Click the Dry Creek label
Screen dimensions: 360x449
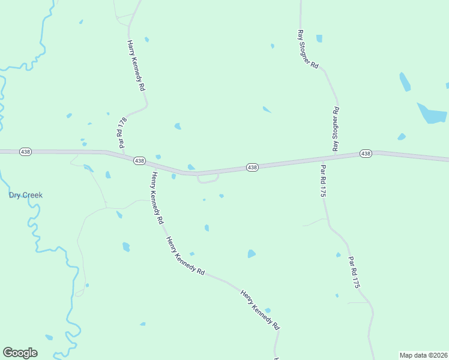(x=25, y=195)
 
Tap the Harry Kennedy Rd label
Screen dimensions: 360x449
(x=136, y=65)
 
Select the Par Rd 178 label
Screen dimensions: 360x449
(x=122, y=131)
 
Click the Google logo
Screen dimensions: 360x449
(x=20, y=353)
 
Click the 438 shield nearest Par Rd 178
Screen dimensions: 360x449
(x=139, y=161)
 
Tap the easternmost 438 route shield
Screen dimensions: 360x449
(x=366, y=154)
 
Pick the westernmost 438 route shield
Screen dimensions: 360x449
(x=25, y=152)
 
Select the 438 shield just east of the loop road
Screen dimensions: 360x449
(x=252, y=167)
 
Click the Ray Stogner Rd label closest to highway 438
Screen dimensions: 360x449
(x=336, y=129)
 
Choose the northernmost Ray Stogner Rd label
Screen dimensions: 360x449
(x=307, y=49)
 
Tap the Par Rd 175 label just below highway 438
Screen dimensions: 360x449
(x=323, y=181)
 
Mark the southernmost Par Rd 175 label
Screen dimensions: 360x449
(x=354, y=273)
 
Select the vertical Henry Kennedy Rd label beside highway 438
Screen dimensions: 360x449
(x=157, y=198)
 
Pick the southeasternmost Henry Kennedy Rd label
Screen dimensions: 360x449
(x=260, y=310)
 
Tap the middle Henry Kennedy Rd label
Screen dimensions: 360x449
(x=185, y=255)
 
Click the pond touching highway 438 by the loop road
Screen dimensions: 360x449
(x=191, y=167)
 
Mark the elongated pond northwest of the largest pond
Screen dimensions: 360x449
(x=405, y=82)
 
